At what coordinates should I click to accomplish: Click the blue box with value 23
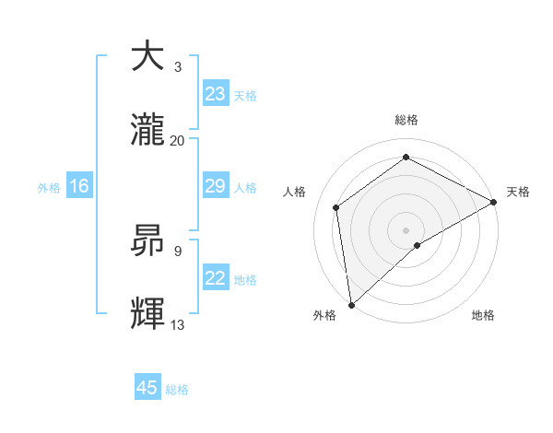tap(215, 93)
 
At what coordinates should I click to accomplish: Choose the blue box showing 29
tap(215, 186)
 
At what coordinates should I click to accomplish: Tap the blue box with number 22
tap(215, 278)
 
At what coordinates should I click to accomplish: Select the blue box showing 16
tap(78, 186)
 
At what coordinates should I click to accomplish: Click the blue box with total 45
tap(147, 388)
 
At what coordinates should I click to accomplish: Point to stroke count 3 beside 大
tap(178, 66)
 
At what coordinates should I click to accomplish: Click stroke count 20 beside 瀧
tap(178, 140)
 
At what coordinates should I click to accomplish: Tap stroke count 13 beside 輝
tap(178, 324)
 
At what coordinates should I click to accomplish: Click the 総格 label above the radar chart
tap(406, 120)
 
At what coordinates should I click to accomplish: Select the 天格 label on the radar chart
tap(518, 192)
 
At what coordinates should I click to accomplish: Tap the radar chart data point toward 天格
tap(494, 202)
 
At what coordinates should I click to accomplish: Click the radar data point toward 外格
tap(351, 304)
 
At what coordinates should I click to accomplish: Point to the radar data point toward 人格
tap(336, 207)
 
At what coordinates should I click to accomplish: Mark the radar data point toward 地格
tap(418, 245)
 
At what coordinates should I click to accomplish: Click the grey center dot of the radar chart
tap(406, 229)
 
